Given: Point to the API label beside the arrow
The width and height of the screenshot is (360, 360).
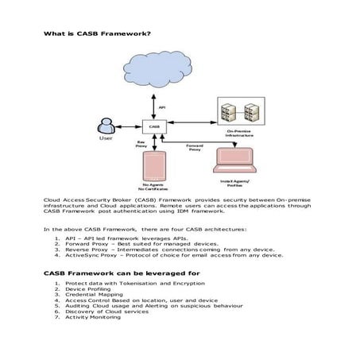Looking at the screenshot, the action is tap(162, 106).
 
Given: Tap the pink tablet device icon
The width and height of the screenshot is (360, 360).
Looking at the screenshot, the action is tap(156, 168).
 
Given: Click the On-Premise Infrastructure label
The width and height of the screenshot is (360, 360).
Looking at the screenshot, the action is tap(240, 134).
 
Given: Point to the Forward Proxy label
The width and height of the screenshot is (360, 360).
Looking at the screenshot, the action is tap(194, 147).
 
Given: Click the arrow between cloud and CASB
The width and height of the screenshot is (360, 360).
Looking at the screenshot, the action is tap(153, 105).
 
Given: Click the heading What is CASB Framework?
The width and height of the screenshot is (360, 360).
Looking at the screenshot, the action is tap(97, 33).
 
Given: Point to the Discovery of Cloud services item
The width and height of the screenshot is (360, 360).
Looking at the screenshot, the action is tap(110, 312).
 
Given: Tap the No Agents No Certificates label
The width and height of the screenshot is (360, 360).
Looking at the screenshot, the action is tap(155, 188).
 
